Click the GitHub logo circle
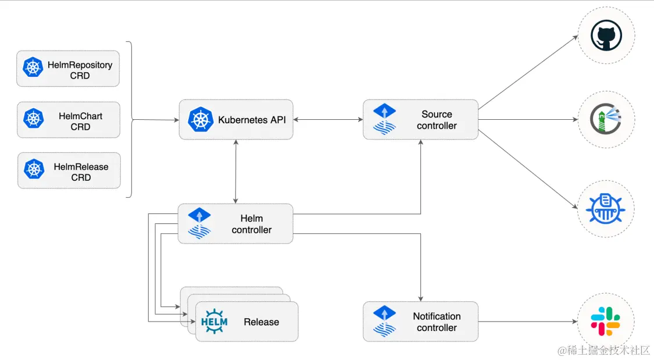(x=606, y=35)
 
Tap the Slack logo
(x=606, y=322)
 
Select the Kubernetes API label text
(x=251, y=120)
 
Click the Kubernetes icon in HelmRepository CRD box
(x=33, y=68)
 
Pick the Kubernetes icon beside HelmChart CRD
(x=34, y=119)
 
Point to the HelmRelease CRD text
(x=81, y=172)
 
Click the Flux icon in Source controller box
(x=384, y=119)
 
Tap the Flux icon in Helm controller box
(x=199, y=223)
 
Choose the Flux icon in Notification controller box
(x=384, y=321)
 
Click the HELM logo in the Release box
(x=214, y=321)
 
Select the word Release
(x=261, y=322)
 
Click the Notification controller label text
(x=437, y=322)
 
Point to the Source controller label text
(x=437, y=120)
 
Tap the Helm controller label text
(x=251, y=224)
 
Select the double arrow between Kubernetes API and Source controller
(x=328, y=120)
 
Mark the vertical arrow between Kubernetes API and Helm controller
(x=235, y=171)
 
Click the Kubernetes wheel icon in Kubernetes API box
(x=201, y=119)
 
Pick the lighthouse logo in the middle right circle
(x=606, y=120)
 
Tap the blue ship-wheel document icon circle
(x=606, y=208)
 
